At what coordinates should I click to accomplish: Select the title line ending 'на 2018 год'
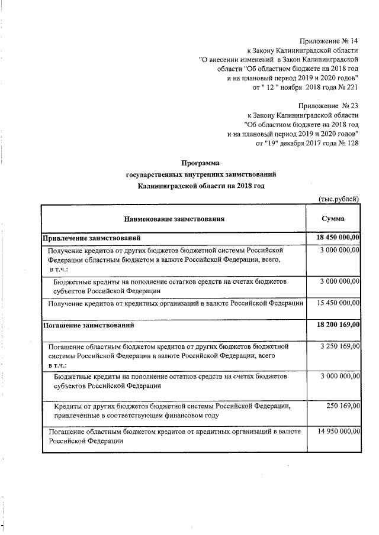coord(200,185)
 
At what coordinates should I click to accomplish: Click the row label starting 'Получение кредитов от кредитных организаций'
coord(176,303)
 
